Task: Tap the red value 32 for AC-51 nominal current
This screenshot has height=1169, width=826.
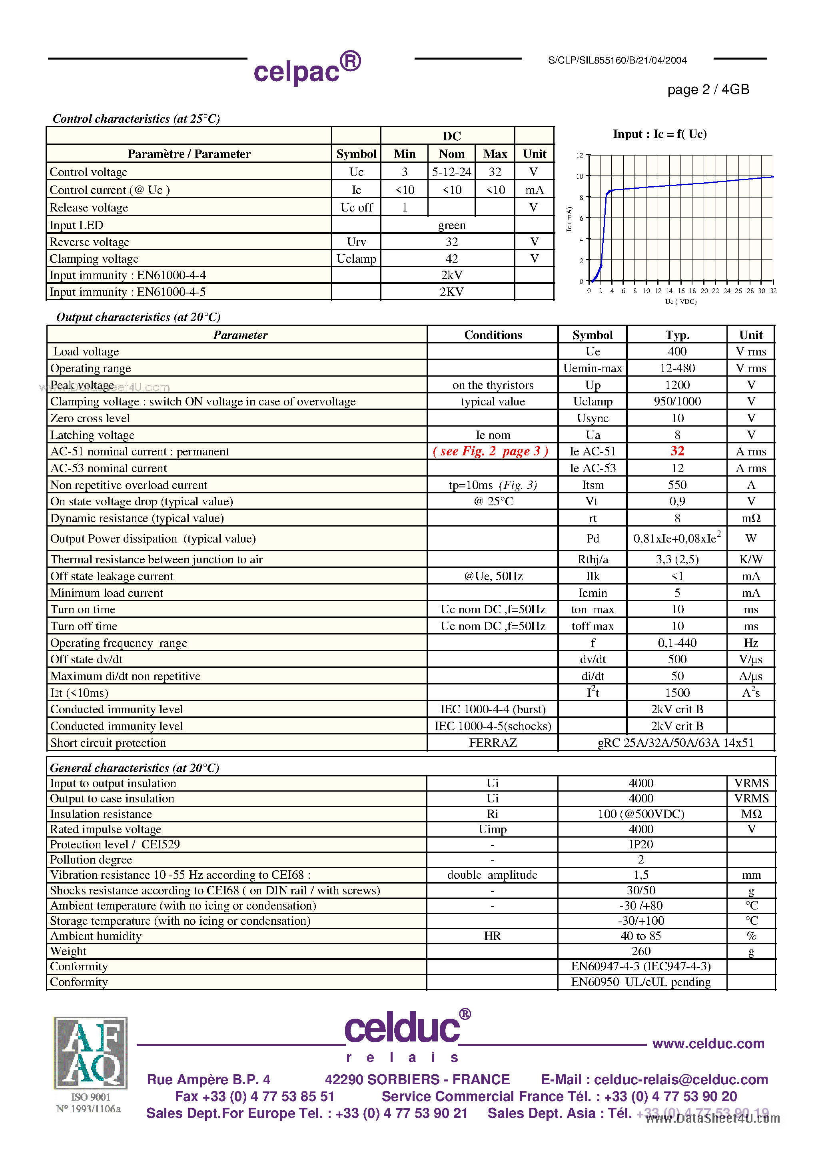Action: pyautogui.click(x=677, y=451)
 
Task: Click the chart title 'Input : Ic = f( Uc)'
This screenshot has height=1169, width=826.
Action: pyautogui.click(x=659, y=134)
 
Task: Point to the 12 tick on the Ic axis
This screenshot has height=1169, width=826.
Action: pyautogui.click(x=580, y=155)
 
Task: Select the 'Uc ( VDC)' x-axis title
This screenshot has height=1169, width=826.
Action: pyautogui.click(x=680, y=301)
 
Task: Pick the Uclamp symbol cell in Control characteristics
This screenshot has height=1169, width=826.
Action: pyautogui.click(x=356, y=259)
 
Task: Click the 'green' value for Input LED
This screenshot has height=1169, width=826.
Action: pyautogui.click(x=452, y=225)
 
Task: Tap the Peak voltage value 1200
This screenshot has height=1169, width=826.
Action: pyautogui.click(x=677, y=385)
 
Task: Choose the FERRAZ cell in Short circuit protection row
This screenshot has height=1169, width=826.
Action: pyautogui.click(x=493, y=743)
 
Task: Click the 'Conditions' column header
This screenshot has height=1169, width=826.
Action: pyautogui.click(x=493, y=335)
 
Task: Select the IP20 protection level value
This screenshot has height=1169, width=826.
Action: pyautogui.click(x=640, y=844)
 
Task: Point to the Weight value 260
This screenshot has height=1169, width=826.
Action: pyautogui.click(x=640, y=951)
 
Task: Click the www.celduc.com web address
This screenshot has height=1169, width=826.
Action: pyautogui.click(x=708, y=1044)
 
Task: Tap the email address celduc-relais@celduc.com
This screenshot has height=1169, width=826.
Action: pyautogui.click(x=681, y=1079)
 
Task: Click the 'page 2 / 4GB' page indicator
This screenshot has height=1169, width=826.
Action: pyautogui.click(x=708, y=90)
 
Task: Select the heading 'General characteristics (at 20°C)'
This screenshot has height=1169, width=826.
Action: pyautogui.click(x=134, y=768)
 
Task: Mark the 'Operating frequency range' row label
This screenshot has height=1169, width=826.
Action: pyautogui.click(x=119, y=643)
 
